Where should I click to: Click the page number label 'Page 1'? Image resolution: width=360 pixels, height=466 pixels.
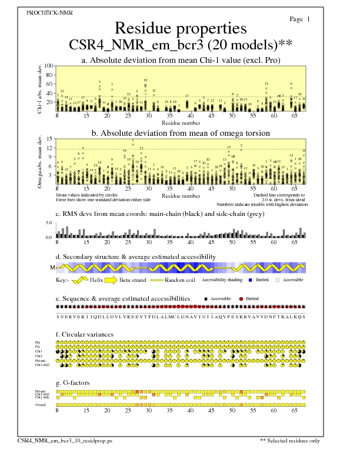pyautogui.click(x=300, y=19)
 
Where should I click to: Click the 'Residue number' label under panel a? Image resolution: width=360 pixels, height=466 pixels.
pyautogui.click(x=180, y=122)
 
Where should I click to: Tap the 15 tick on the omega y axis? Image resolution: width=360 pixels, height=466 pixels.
pyautogui.click(x=50, y=139)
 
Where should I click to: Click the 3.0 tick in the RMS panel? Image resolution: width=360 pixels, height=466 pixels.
pyautogui.click(x=49, y=224)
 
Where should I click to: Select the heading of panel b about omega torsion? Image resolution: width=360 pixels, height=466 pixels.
pyautogui.click(x=180, y=133)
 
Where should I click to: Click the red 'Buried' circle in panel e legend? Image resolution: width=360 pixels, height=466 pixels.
pyautogui.click(x=241, y=299)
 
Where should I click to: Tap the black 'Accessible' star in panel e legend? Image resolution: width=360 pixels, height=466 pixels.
pyautogui.click(x=206, y=299)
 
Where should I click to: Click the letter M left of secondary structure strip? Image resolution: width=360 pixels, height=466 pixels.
pyautogui.click(x=52, y=267)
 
